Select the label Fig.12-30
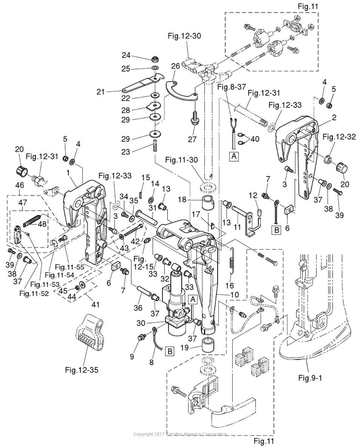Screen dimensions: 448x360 click(x=184, y=36)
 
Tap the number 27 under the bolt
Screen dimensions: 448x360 click(x=192, y=139)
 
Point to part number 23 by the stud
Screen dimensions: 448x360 click(x=126, y=152)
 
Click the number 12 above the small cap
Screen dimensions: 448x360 click(x=253, y=196)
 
